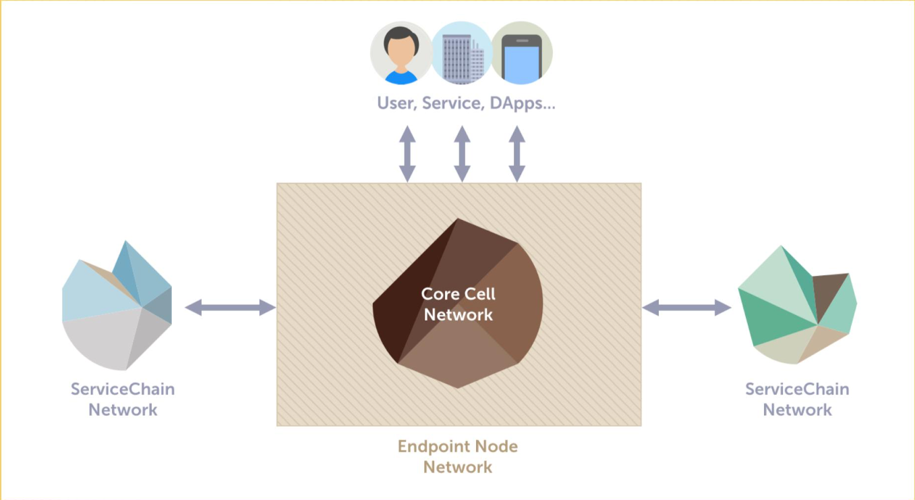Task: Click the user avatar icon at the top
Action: click(401, 53)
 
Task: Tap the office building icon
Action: click(462, 53)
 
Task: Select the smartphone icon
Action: click(522, 53)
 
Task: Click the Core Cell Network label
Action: click(459, 304)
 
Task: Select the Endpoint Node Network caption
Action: click(458, 456)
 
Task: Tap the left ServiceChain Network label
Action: click(123, 399)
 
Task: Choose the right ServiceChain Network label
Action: click(797, 399)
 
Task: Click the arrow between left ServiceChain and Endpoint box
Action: click(231, 308)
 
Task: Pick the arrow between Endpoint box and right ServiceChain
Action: click(686, 308)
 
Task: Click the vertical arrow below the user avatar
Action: click(407, 154)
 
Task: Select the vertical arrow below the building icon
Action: click(462, 154)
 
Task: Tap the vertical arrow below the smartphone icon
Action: click(516, 154)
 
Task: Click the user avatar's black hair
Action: click(401, 36)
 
